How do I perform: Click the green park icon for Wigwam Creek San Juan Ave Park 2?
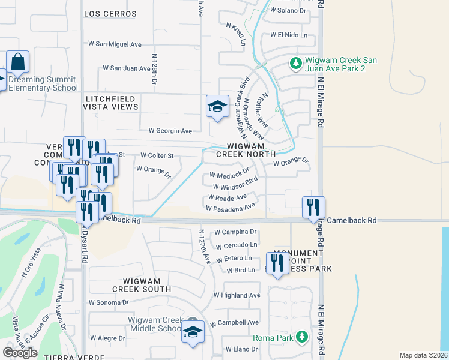(x=295, y=63)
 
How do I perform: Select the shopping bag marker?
(x=18, y=62)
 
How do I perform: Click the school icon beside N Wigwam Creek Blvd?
(x=217, y=107)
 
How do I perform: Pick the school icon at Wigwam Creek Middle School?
(x=193, y=332)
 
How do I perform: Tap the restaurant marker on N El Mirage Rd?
(x=313, y=208)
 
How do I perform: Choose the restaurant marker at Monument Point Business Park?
(x=277, y=263)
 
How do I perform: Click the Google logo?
(x=20, y=353)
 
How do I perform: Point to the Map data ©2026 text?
(x=423, y=355)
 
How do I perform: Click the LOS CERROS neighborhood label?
(x=110, y=14)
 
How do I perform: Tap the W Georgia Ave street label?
(x=170, y=131)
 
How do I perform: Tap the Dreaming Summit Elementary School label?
(x=39, y=84)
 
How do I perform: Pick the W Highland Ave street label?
(x=237, y=295)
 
